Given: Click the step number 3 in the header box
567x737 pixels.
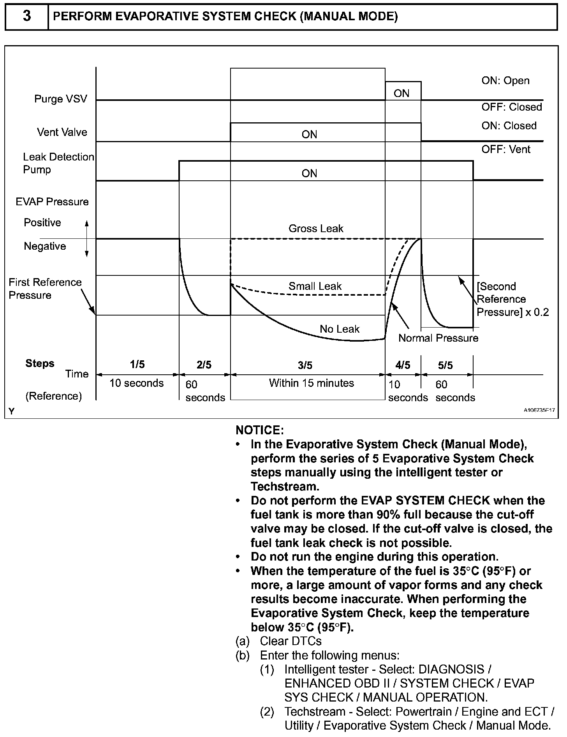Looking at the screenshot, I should [26, 17].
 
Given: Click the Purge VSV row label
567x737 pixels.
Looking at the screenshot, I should [60, 99].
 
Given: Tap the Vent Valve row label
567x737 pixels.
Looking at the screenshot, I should [62, 132].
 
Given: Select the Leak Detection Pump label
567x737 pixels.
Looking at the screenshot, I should [58, 163].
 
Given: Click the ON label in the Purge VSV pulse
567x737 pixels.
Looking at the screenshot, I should [401, 93].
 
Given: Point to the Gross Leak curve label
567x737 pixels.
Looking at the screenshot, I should [316, 229].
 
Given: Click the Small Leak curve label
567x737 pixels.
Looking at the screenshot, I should [315, 286].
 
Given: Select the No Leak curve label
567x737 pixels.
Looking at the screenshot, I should [340, 329].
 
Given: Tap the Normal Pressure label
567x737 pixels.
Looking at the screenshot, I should [438, 338].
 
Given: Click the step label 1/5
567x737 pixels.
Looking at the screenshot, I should [137, 365].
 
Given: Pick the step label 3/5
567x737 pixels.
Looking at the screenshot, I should [305, 365].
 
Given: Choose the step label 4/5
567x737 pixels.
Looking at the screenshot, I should [403, 365].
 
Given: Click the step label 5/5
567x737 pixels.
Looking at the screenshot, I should [445, 365].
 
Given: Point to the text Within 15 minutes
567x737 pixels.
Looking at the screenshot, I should [312, 383].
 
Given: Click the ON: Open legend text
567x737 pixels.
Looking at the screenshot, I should [505, 81].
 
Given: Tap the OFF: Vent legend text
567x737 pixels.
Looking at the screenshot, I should [506, 150].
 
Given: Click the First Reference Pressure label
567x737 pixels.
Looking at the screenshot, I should [45, 289].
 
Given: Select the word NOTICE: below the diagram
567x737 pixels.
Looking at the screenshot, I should [260, 430].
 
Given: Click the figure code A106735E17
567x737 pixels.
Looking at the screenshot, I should [539, 410].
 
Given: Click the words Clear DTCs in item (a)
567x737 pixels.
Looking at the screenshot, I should [291, 642].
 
